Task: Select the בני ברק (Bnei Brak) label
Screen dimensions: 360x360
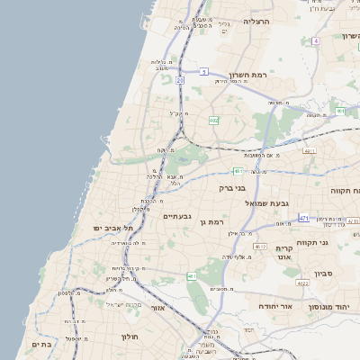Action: click(x=232, y=188)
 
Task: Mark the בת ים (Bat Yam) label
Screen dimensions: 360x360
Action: click(x=43, y=344)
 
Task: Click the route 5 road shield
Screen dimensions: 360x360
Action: click(x=204, y=71)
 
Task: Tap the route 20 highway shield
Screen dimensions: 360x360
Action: click(x=180, y=80)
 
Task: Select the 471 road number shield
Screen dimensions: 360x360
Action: click(x=304, y=218)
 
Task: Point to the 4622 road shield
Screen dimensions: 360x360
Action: click(x=302, y=283)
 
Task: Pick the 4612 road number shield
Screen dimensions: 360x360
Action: click(x=260, y=246)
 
